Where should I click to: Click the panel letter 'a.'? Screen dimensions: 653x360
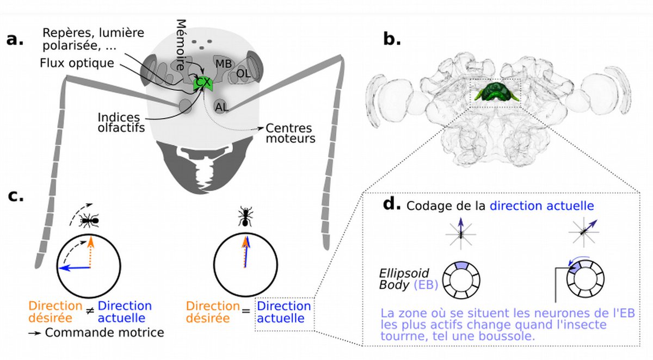15,40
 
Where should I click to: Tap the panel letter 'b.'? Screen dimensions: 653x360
392,39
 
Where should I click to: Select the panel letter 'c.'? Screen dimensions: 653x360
16,196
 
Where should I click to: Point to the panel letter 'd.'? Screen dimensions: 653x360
392,203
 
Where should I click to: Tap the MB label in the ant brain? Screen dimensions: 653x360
224,64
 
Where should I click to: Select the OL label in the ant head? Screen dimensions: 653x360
243,74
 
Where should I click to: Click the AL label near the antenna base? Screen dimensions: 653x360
221,108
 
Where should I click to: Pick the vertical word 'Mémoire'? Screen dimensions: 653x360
181,45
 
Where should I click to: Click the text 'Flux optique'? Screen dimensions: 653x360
77,63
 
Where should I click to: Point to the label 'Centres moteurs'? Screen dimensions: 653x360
291,133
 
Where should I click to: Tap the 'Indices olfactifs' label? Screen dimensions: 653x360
121,122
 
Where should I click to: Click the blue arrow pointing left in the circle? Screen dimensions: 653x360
74,268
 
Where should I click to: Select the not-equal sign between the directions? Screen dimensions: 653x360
90,311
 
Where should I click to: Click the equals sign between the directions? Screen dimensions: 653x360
246,311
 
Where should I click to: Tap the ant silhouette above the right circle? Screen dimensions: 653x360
245,216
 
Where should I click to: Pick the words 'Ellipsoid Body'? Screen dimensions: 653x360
404,279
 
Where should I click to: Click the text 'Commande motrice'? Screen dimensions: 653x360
104,333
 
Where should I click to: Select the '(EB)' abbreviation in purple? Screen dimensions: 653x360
426,285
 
